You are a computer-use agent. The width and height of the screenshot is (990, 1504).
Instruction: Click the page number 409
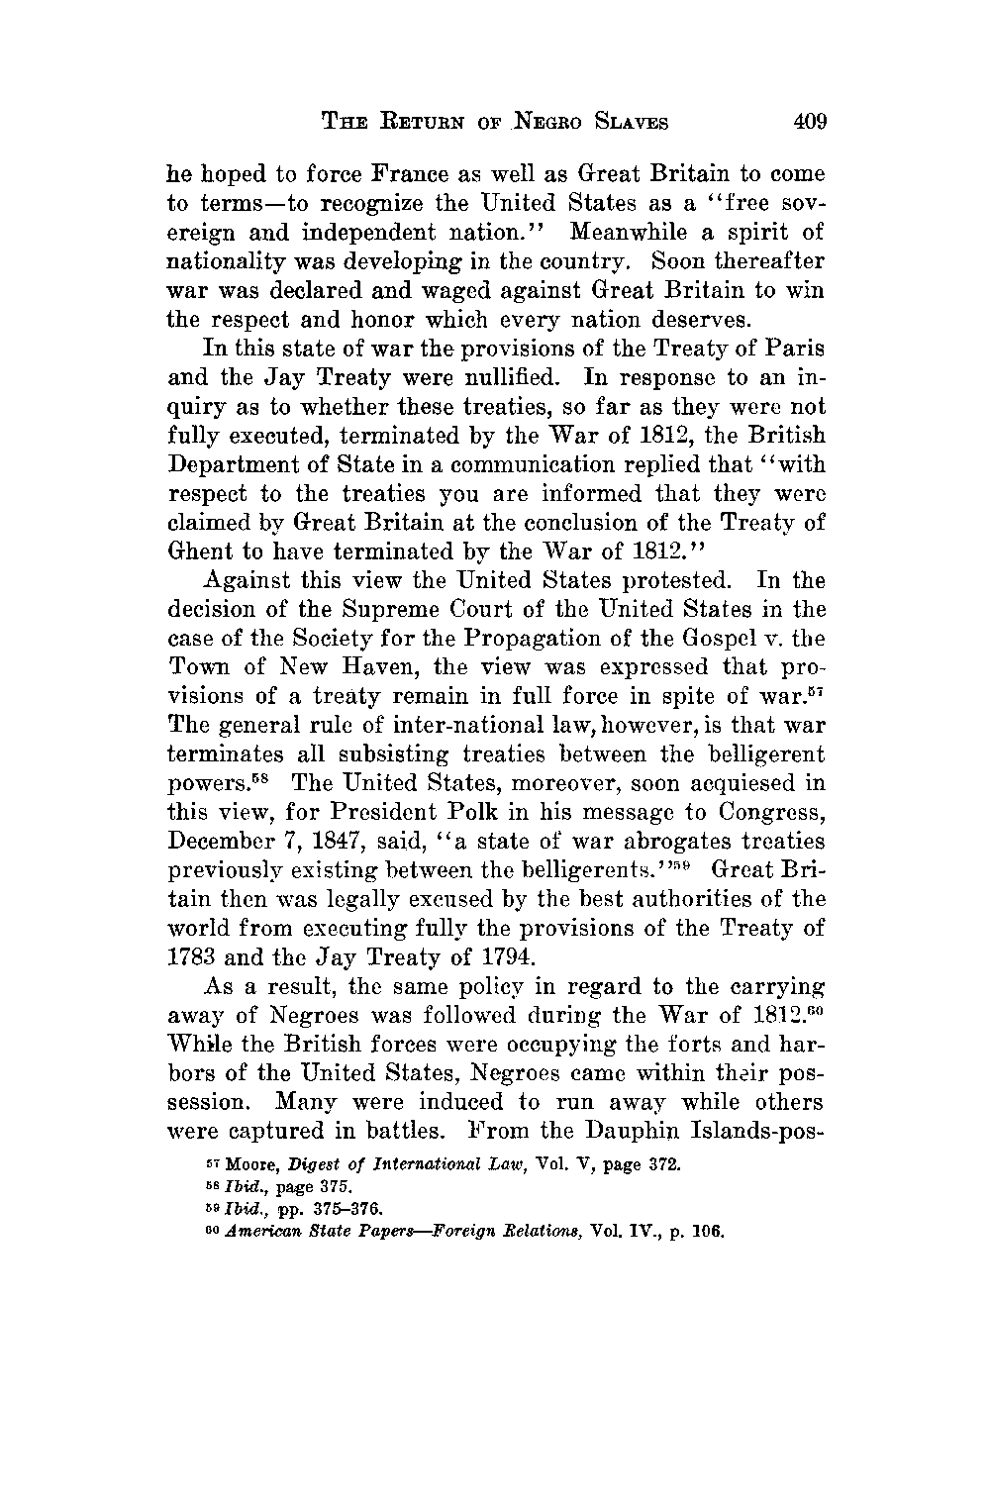click(x=808, y=123)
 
